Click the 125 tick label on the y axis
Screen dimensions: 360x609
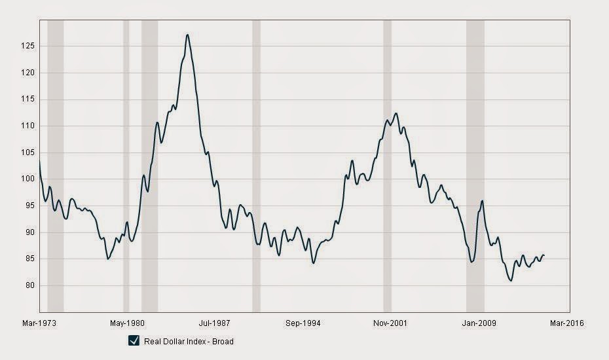[x=28, y=46]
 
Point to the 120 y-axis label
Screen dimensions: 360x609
[x=28, y=73]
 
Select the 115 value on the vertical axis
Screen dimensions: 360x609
[x=28, y=99]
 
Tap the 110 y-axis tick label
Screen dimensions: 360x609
[x=28, y=126]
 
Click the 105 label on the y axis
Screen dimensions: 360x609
[x=28, y=153]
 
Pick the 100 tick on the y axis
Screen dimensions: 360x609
[x=28, y=179]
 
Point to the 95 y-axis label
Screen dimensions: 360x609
[x=29, y=206]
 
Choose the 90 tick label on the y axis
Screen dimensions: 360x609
[x=29, y=232]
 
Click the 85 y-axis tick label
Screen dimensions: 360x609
[x=29, y=259]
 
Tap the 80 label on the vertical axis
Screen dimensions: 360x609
[x=29, y=285]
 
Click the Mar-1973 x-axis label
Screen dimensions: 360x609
[x=38, y=323]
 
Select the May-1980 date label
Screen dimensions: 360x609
[x=126, y=323]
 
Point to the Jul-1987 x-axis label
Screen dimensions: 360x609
[x=215, y=323]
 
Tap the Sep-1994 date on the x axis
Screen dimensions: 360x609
[x=303, y=323]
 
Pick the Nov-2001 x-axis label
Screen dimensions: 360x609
[x=390, y=323]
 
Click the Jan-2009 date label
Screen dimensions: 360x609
[x=479, y=323]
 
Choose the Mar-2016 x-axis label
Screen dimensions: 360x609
[x=567, y=323]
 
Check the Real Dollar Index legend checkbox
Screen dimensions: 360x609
[x=134, y=340]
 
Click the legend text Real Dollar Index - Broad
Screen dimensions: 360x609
[x=189, y=341]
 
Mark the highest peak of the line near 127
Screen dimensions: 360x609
[x=187, y=35]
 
